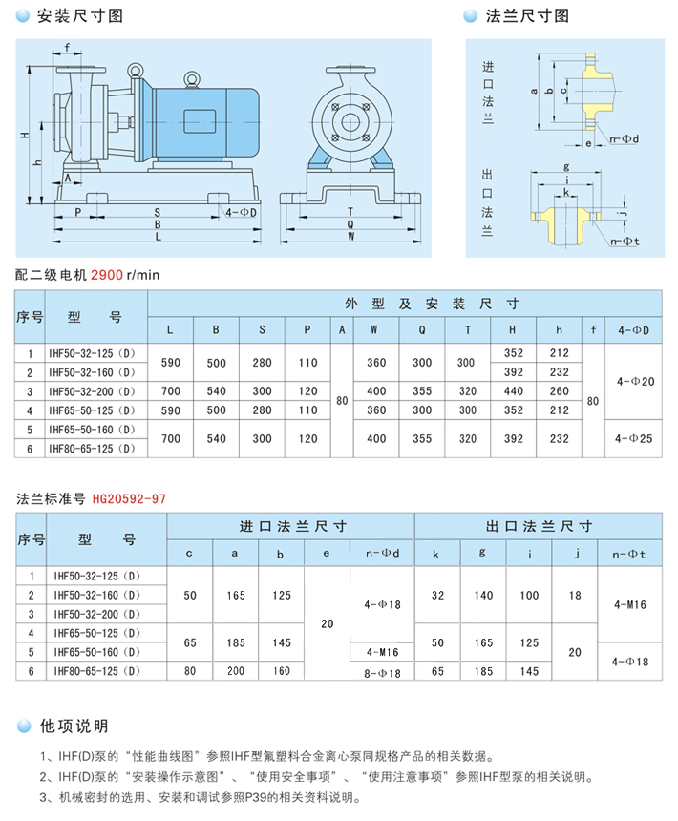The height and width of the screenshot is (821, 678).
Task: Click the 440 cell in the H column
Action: click(x=514, y=390)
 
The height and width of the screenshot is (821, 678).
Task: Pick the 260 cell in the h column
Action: click(x=560, y=390)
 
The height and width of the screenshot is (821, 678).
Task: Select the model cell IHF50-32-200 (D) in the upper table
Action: click(x=93, y=390)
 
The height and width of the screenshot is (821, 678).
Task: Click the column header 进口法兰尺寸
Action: click(x=291, y=526)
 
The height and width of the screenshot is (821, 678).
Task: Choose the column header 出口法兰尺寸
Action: click(x=538, y=526)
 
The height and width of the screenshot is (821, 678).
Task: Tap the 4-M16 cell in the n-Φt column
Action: click(x=629, y=603)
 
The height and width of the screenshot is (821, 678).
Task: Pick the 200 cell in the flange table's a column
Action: click(x=235, y=671)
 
